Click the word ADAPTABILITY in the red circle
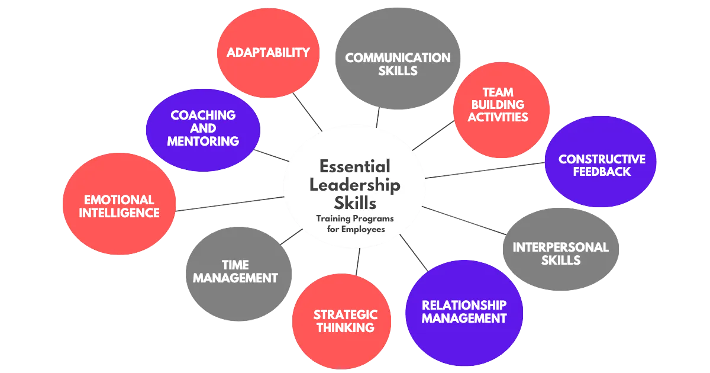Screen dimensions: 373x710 click(268, 53)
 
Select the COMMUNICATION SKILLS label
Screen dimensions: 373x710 click(398, 64)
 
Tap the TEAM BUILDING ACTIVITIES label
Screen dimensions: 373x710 click(498, 105)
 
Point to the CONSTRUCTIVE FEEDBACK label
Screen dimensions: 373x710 click(602, 165)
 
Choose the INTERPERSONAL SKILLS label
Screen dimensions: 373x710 click(560, 253)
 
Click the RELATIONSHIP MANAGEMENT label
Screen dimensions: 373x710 click(464, 311)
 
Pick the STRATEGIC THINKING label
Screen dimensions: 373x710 click(345, 320)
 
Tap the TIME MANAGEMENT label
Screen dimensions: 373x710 click(235, 271)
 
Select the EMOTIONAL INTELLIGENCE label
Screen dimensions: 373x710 click(121, 205)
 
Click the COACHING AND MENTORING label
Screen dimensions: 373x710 click(203, 128)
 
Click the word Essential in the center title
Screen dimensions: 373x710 click(354, 166)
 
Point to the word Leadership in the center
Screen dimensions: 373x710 click(354, 185)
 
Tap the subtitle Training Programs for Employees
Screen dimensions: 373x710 click(354, 223)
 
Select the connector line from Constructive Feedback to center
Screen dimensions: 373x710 click(485, 170)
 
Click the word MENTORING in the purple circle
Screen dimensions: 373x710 click(203, 141)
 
